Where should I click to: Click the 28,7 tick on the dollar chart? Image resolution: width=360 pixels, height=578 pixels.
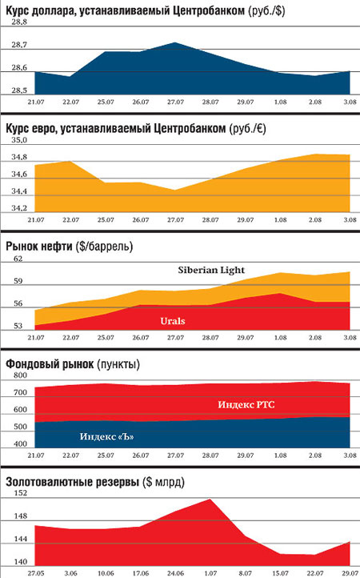coord(19,45)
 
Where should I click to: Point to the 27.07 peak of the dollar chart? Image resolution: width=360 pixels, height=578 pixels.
coord(175,42)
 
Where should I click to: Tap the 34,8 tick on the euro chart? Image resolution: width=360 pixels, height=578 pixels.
coord(19,158)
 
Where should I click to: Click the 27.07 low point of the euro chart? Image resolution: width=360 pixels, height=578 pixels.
coord(175,191)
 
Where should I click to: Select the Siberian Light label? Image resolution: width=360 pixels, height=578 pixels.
coord(211,271)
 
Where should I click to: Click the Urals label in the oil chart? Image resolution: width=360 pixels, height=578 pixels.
coord(173,321)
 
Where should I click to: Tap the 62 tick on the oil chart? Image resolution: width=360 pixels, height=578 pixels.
coord(18,259)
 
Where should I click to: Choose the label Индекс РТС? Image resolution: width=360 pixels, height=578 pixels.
coord(246,405)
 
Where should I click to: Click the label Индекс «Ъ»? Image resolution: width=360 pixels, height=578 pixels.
coord(106,437)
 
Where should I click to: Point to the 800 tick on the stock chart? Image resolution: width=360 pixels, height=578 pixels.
coord(20,375)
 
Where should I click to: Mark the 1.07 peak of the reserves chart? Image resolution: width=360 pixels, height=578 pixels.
coord(210,499)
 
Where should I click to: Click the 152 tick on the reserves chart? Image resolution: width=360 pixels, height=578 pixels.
coord(20,493)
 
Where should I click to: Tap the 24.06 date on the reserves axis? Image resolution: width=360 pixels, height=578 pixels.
coord(175,573)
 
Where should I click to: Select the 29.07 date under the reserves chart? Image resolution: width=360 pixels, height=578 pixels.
coord(350,573)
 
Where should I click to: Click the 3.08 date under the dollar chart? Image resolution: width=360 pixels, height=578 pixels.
coord(350,102)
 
